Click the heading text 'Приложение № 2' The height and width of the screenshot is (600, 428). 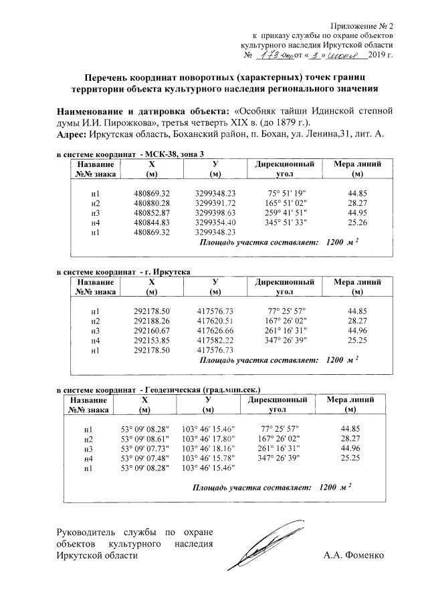pyautogui.click(x=364, y=25)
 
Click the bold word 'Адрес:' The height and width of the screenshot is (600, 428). pyautogui.click(x=72, y=134)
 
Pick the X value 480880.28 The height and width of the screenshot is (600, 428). pyautogui.click(x=152, y=202)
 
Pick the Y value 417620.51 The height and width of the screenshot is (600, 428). pyautogui.click(x=215, y=321)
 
